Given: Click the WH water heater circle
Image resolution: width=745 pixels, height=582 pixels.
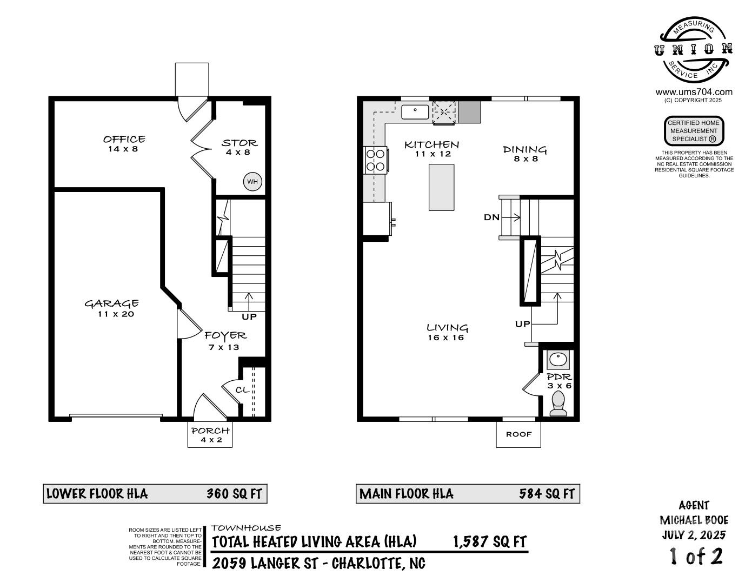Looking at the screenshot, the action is click(252, 181).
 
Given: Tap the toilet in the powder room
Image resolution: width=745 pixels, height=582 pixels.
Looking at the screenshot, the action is click(558, 404).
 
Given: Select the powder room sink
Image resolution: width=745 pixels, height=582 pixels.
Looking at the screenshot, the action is click(558, 359).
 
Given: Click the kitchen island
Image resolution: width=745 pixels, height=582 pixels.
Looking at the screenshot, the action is click(441, 187).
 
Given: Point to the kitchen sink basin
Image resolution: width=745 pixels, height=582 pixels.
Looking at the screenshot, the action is click(415, 112).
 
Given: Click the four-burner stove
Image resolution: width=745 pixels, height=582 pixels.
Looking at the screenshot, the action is click(376, 160).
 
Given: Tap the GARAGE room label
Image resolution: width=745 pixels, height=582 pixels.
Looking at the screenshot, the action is click(111, 303).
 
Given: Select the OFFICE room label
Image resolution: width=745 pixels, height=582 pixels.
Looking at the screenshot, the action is click(124, 139).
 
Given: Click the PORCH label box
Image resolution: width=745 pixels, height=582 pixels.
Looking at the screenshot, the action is click(210, 434).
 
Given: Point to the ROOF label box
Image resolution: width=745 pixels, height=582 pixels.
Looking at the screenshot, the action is click(518, 434).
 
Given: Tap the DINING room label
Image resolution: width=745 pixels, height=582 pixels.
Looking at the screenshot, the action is click(524, 149).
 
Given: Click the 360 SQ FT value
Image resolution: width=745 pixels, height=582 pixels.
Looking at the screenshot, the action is click(234, 494).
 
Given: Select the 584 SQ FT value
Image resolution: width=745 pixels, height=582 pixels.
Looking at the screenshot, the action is click(547, 494).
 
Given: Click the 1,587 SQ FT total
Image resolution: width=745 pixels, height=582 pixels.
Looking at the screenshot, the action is click(490, 542).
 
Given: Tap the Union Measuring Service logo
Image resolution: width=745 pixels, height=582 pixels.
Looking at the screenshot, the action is click(693, 50).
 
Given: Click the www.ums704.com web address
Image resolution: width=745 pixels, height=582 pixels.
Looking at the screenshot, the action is click(694, 92).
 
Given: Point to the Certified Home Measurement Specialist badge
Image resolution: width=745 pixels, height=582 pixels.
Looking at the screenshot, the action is click(694, 131).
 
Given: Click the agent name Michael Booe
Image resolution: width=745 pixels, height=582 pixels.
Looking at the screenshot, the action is click(694, 520).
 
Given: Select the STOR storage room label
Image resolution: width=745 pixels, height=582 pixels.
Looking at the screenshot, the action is click(240, 143).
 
